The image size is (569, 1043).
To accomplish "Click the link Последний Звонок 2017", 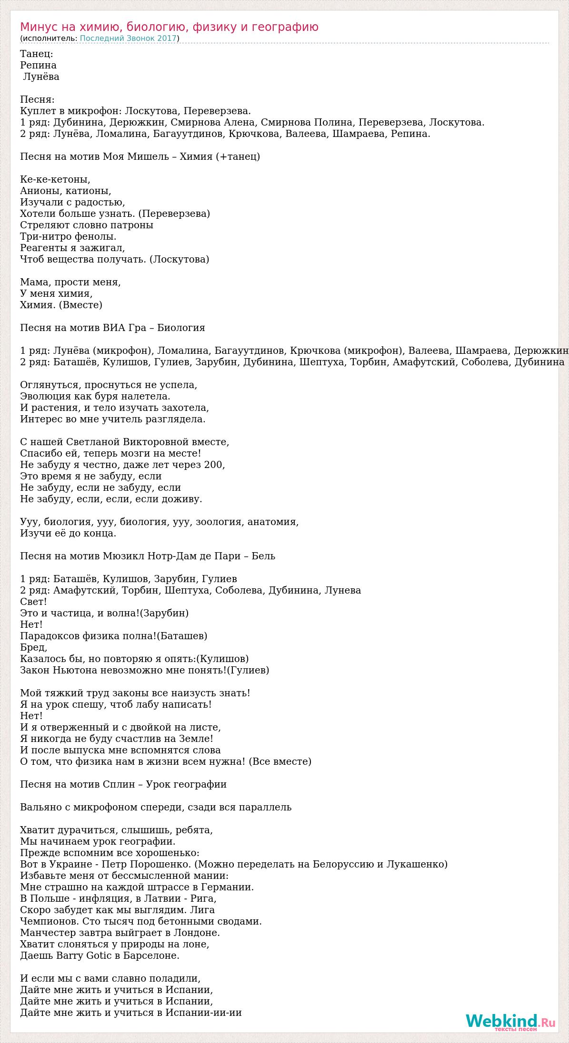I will click(128, 39).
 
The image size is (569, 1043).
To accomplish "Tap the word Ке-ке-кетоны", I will click(55, 179).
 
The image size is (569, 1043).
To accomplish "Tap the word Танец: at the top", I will click(37, 54).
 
